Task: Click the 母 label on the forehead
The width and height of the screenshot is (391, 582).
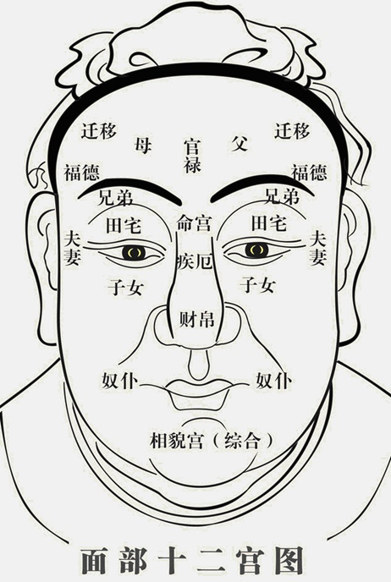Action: pos(143,145)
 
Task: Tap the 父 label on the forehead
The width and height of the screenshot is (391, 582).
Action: pos(239,143)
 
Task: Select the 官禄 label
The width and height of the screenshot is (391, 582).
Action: pos(192,156)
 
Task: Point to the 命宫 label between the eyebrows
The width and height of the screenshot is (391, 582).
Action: pos(194,223)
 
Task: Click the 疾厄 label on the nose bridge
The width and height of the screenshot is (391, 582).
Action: pos(195,261)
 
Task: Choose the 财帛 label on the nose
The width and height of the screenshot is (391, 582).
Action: pos(197,319)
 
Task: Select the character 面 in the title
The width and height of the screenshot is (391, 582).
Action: pos(95,561)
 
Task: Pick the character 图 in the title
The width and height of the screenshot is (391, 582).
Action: pos(289,561)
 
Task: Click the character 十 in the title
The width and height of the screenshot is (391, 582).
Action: pos(173,561)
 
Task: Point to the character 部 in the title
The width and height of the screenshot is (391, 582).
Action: pos(134,561)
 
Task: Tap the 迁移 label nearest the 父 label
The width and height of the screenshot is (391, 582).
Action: pos(292,131)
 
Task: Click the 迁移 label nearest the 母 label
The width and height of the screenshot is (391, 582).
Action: pos(99,131)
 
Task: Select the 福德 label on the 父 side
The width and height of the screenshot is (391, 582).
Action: pos(309,172)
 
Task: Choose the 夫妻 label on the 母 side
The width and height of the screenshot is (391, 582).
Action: pos(72,248)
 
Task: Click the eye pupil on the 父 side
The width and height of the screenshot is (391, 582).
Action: pos(256,250)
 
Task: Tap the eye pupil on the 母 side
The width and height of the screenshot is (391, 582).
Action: pos(134,252)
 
